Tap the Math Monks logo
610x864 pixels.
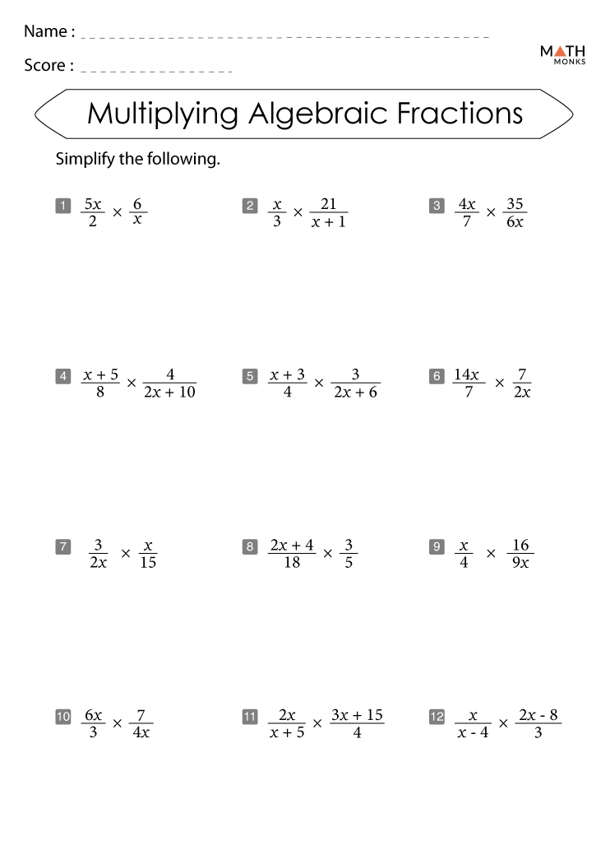562,54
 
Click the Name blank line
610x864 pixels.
284,37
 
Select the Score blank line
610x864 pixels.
157,71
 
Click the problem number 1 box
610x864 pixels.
62,206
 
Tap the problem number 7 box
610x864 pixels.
62,546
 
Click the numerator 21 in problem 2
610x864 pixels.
328,204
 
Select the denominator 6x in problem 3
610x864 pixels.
515,222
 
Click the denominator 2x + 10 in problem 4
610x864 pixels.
169,393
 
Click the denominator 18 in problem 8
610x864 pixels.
291,563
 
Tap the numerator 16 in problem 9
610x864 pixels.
520,545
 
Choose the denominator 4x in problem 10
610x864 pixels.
141,733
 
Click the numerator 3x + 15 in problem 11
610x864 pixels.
357,715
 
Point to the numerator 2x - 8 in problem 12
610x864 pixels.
538,715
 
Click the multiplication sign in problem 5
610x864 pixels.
319,383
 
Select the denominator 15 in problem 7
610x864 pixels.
148,563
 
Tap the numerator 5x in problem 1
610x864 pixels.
92,204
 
